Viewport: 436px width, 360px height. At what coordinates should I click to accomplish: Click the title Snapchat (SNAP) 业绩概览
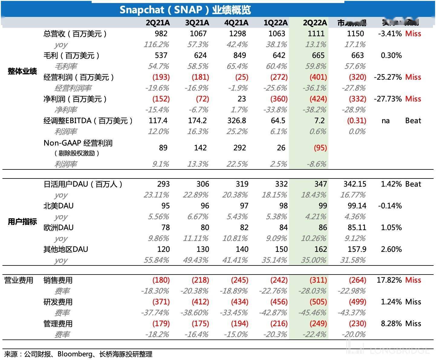tap(185, 10)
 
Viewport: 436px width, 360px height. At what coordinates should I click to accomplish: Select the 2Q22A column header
tap(315, 23)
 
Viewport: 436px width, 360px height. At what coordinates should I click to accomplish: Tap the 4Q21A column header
tap(236, 23)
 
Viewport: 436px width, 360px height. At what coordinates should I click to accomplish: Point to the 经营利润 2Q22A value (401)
tap(318, 77)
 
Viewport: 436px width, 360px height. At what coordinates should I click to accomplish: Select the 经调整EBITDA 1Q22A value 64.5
tap(278, 121)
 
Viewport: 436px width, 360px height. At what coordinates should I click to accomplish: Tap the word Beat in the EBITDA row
tap(413, 121)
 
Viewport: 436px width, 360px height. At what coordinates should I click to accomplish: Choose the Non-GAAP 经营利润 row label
tap(78, 143)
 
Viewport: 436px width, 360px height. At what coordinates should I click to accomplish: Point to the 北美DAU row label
tap(58, 206)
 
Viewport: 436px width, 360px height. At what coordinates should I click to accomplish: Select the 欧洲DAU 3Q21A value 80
tap(205, 227)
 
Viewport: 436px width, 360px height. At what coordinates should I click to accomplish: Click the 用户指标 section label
tap(22, 222)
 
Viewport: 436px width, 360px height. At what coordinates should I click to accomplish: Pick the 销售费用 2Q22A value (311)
tap(318, 280)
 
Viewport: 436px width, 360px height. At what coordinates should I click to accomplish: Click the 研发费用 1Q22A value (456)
tap(279, 302)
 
